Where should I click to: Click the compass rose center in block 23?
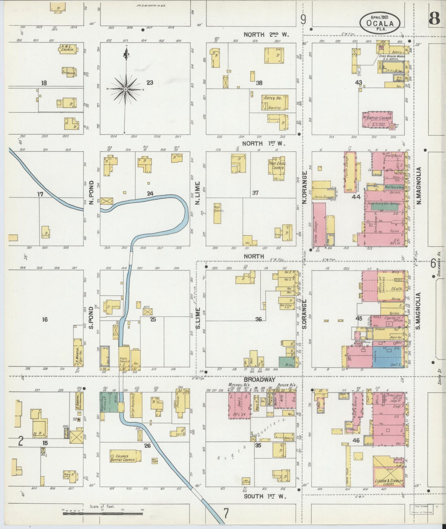point(126,89)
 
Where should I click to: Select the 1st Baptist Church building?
point(377,120)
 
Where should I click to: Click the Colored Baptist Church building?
point(125,456)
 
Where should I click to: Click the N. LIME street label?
point(198,193)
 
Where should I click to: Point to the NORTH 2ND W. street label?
point(266,35)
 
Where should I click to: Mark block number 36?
point(258,319)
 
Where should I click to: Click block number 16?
point(45,320)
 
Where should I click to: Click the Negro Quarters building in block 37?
point(217,213)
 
